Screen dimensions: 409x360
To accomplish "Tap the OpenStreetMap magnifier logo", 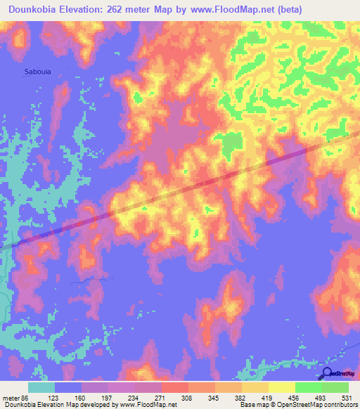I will (324, 374).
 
